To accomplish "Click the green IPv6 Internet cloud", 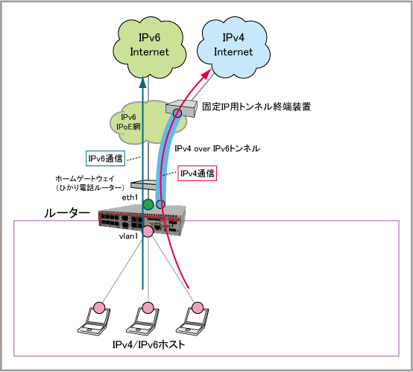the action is [149, 48].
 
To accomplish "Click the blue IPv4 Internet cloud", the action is [233, 48].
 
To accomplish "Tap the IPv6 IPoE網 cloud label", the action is [128, 122].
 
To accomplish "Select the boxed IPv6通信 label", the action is [105, 158].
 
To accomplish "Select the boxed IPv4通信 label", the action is [198, 173].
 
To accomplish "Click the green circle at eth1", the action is [148, 204].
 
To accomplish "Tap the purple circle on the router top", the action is [160, 204].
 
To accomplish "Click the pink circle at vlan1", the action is [148, 231].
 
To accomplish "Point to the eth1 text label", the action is [130, 198].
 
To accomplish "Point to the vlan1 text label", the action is [128, 236].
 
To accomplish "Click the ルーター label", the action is [67, 213].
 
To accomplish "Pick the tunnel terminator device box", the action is [181, 108].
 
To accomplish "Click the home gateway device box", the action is [144, 184].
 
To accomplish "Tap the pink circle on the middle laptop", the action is [148, 307].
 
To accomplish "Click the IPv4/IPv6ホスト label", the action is [148, 344].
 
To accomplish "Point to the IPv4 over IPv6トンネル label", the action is [217, 148].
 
